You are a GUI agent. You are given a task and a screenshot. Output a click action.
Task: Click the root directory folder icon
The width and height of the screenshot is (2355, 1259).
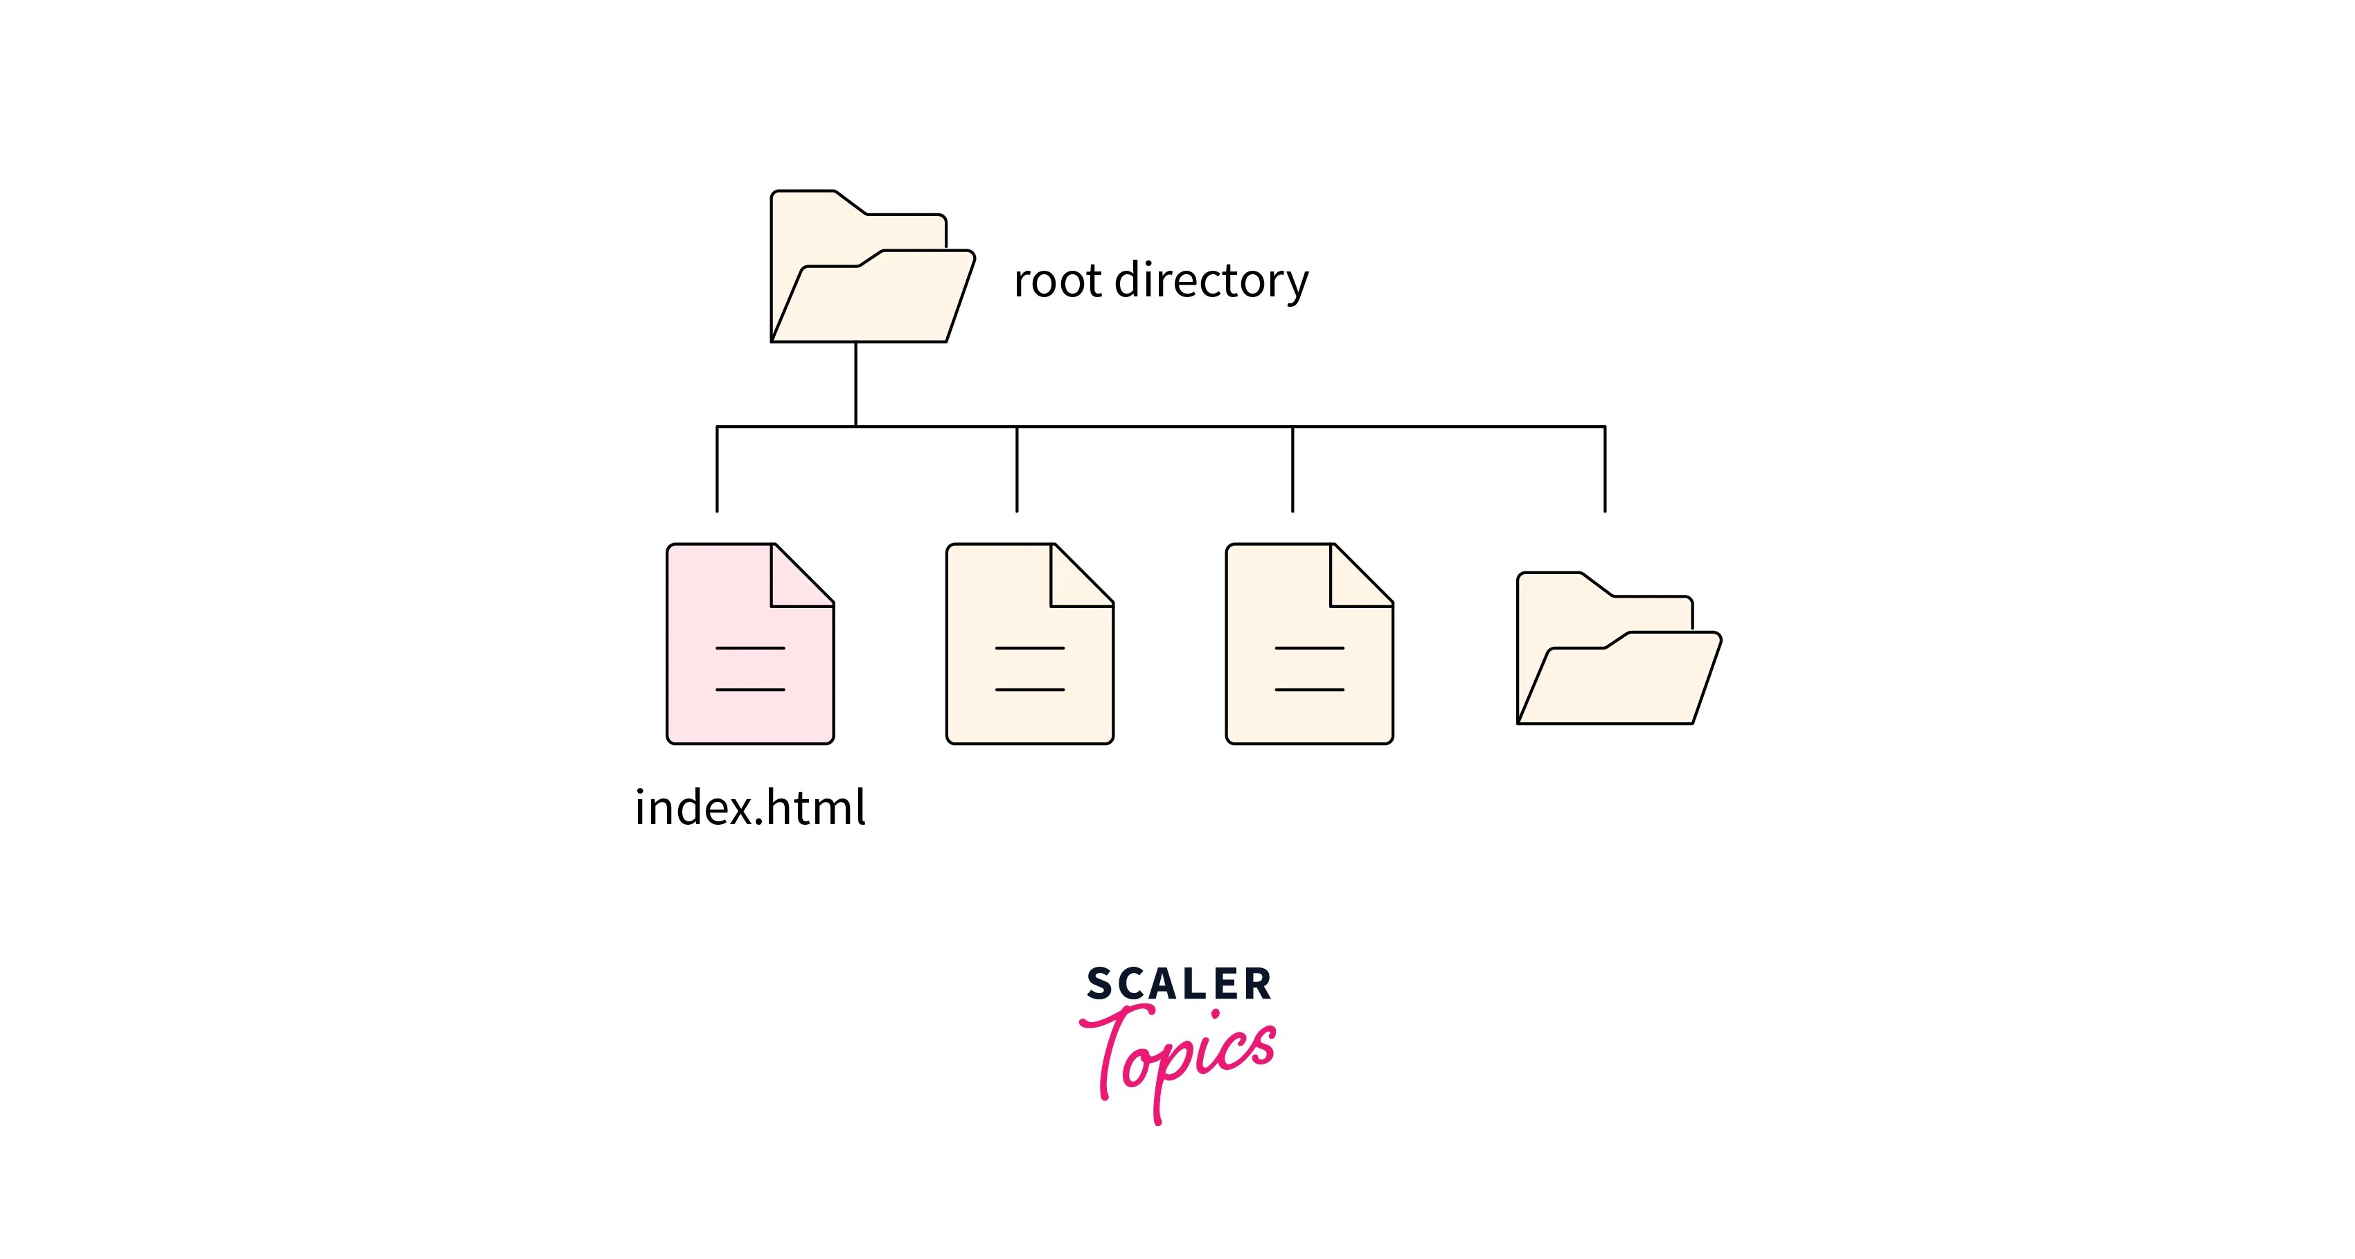tap(869, 274)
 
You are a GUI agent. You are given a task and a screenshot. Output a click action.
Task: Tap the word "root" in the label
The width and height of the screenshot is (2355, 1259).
tap(1057, 280)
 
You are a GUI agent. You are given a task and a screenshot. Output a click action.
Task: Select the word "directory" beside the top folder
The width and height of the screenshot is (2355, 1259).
tap(1211, 280)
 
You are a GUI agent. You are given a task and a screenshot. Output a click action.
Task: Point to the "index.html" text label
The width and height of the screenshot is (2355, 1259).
tap(749, 808)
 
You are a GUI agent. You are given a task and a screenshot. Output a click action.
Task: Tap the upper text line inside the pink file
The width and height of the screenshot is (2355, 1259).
tap(749, 648)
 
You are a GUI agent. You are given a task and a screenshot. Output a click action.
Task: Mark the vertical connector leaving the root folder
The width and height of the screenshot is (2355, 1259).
tap(855, 384)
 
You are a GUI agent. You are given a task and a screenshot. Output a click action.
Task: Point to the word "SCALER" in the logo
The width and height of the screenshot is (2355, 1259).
tap(1178, 984)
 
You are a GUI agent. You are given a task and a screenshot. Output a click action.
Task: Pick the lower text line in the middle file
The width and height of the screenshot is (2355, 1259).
tap(1029, 689)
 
